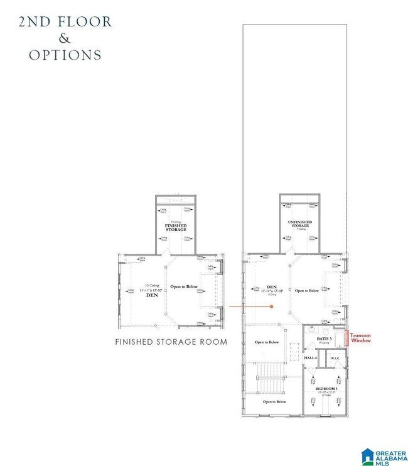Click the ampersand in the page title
pyautogui.click(x=65, y=39)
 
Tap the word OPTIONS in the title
pyautogui.click(x=65, y=55)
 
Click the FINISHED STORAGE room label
pyautogui.click(x=176, y=227)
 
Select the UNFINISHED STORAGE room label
pyautogui.click(x=300, y=224)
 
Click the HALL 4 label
pyautogui.click(x=310, y=357)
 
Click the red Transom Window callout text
pyautogui.click(x=360, y=338)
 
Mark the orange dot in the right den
pyautogui.click(x=272, y=306)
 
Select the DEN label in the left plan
pyautogui.click(x=152, y=295)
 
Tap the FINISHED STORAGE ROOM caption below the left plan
pyautogui.click(x=171, y=342)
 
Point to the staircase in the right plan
pyautogui.click(x=272, y=379)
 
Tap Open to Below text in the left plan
pyautogui.click(x=185, y=286)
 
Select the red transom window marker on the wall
pyautogui.click(x=346, y=337)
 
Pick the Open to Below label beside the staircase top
pyautogui.click(x=267, y=342)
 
